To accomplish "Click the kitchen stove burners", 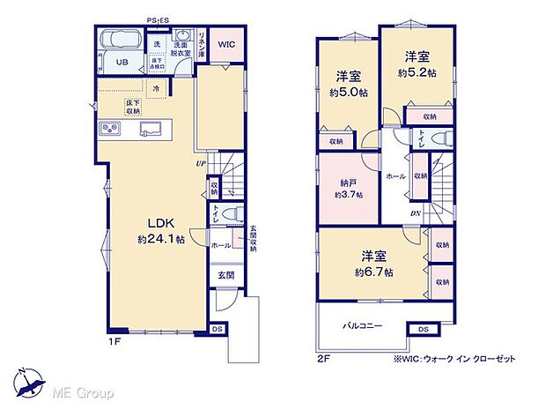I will pyautogui.click(x=112, y=130).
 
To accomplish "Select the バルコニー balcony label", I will pyautogui.click(x=362, y=325).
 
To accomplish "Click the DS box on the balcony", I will pyautogui.click(x=423, y=330).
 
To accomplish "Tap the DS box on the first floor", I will pyautogui.click(x=217, y=329).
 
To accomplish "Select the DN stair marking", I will pyautogui.click(x=415, y=213).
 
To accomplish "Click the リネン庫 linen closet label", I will pyautogui.click(x=202, y=43).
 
